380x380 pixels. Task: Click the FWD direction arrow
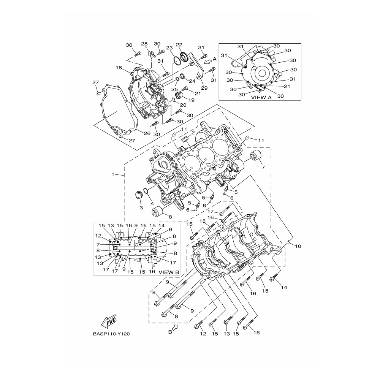click(x=109, y=321)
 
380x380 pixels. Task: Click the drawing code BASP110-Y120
click(x=111, y=334)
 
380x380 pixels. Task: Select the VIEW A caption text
click(x=261, y=97)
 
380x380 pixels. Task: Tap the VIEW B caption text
click(x=169, y=272)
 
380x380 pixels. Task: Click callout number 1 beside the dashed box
click(x=113, y=174)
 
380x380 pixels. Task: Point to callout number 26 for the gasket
click(x=147, y=133)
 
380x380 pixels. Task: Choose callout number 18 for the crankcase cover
click(x=119, y=68)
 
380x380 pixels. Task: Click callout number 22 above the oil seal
click(x=179, y=45)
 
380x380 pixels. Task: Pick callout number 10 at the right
click(x=298, y=246)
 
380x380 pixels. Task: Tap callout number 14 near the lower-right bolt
click(x=284, y=287)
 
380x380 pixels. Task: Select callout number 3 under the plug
click(x=141, y=208)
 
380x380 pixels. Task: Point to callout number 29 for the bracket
click(x=204, y=88)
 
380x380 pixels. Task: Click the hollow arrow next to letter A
click(x=207, y=62)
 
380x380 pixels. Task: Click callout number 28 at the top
click(x=144, y=44)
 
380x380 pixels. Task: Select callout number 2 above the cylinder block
click(x=193, y=133)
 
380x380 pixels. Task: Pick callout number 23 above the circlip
click(x=169, y=48)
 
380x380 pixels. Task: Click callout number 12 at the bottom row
click(x=203, y=334)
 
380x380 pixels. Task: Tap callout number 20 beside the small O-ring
click(x=183, y=105)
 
